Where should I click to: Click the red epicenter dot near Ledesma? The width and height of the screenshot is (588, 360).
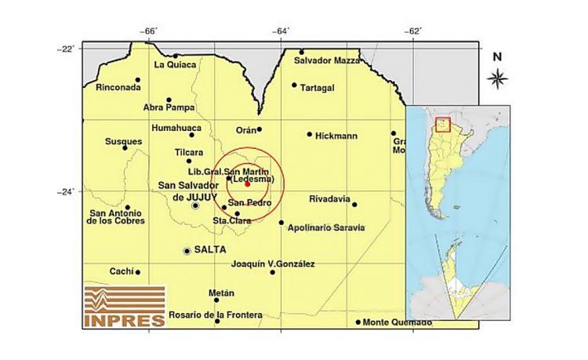(247, 184)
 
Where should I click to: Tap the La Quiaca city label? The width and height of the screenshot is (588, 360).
(175, 64)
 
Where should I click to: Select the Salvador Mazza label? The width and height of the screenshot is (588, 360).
(326, 60)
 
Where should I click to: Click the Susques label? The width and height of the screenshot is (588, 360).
(123, 142)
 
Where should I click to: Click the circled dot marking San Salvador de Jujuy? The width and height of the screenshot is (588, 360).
(195, 205)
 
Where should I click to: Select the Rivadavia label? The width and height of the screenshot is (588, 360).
(329, 198)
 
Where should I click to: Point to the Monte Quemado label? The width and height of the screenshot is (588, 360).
(397, 322)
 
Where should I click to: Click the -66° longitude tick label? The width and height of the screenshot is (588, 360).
(150, 31)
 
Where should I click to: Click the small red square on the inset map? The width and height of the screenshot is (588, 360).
(442, 125)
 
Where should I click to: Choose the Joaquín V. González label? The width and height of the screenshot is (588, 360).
(274, 264)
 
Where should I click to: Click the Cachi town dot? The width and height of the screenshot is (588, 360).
(138, 272)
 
